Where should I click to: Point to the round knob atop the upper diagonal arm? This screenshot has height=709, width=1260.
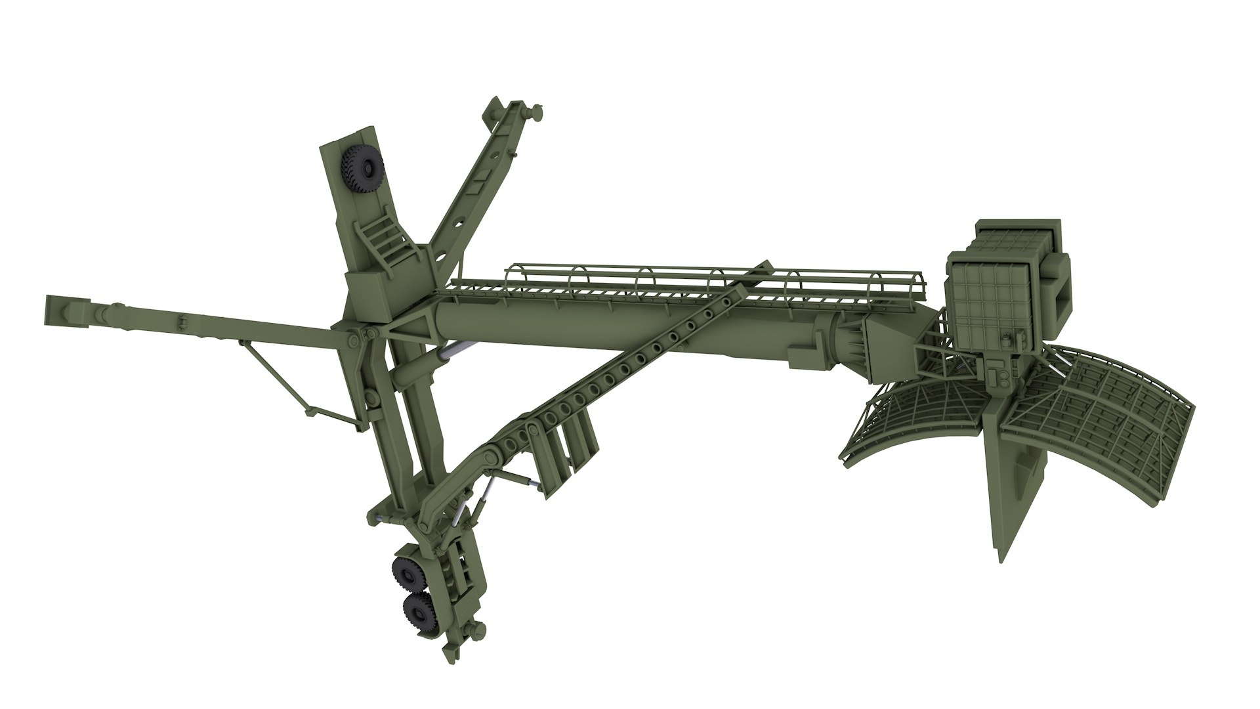coord(539,111)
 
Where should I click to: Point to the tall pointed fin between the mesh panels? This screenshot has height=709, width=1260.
coord(1014,486)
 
